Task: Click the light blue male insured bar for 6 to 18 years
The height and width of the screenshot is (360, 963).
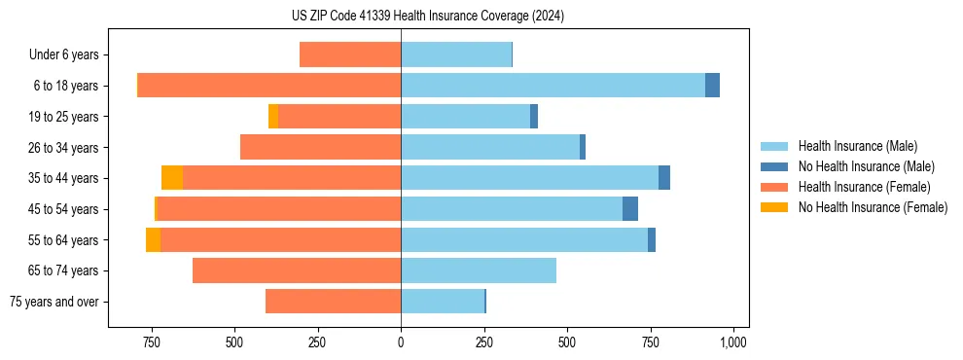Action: pyautogui.click(x=553, y=86)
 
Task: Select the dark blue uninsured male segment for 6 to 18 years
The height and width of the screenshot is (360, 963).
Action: pyautogui.click(x=712, y=86)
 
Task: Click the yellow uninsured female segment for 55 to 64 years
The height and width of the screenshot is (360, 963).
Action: pyautogui.click(x=153, y=239)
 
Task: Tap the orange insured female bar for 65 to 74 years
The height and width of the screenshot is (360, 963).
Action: pyautogui.click(x=297, y=270)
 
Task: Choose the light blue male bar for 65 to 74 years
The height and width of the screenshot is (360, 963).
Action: pyautogui.click(x=479, y=270)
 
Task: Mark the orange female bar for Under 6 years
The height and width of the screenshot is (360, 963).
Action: pyautogui.click(x=350, y=55)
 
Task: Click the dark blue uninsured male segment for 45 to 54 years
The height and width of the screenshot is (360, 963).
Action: pyautogui.click(x=630, y=209)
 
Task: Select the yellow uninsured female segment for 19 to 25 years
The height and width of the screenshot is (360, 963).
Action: pyautogui.click(x=273, y=117)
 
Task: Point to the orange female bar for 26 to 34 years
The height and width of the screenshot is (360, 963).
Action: pyautogui.click(x=321, y=147)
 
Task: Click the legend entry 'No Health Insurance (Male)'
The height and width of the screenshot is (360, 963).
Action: pyautogui.click(x=866, y=166)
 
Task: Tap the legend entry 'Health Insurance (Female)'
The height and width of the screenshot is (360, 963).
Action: pyautogui.click(x=864, y=187)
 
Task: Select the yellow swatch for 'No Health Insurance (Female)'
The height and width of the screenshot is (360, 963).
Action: pyautogui.click(x=774, y=207)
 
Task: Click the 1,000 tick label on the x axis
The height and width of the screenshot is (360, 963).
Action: pyautogui.click(x=732, y=342)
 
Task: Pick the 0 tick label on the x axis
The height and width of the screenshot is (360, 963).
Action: pyautogui.click(x=401, y=342)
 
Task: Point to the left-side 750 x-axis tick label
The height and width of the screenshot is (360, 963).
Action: pyautogui.click(x=151, y=342)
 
